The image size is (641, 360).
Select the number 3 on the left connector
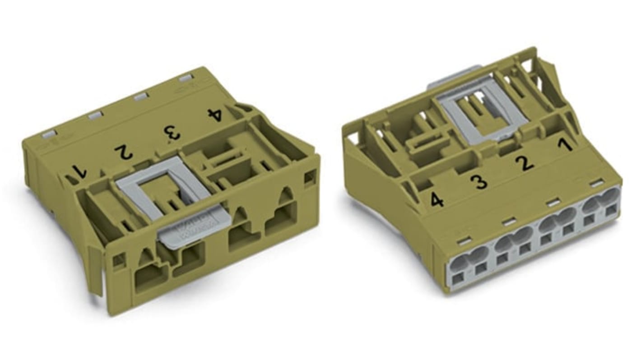[x=172, y=133]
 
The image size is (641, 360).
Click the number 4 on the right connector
[x=437, y=199]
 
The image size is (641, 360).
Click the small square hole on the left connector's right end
[x=310, y=177]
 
